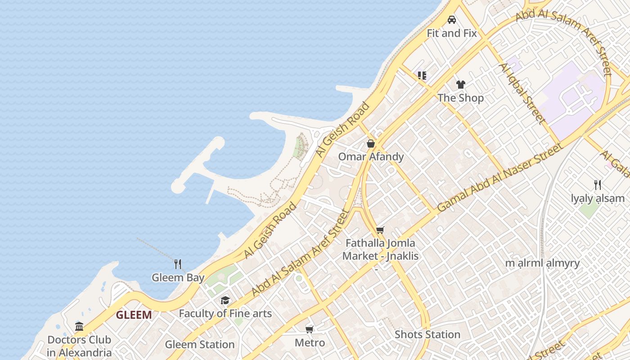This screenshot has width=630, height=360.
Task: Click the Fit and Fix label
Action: tap(452, 33)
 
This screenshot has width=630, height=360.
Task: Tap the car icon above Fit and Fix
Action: tap(452, 20)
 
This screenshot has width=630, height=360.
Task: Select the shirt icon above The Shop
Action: tap(460, 84)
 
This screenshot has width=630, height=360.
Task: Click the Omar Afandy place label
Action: tap(371, 157)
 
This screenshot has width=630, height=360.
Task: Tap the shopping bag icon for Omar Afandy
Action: tap(371, 144)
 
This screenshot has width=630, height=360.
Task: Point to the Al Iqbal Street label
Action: tap(522, 94)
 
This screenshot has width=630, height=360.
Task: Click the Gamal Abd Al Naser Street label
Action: tap(500, 177)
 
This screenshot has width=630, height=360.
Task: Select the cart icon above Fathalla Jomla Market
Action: tap(380, 230)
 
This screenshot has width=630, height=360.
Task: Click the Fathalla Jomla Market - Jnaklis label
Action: tap(380, 250)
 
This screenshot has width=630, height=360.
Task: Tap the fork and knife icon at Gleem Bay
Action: tap(178, 264)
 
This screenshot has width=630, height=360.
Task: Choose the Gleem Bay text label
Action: tap(178, 278)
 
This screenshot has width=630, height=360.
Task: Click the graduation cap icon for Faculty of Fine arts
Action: tap(225, 300)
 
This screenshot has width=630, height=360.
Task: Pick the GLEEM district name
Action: tap(134, 315)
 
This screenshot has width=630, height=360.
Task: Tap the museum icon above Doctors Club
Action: tap(79, 326)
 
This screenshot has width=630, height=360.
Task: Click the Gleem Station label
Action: tap(199, 345)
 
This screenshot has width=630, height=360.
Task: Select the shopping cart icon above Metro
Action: tap(310, 329)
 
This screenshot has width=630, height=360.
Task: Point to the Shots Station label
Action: tap(427, 335)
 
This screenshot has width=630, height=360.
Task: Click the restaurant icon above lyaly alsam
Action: tap(598, 185)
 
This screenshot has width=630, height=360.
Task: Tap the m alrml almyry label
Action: tap(542, 263)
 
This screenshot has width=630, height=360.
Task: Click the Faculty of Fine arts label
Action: tap(225, 314)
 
